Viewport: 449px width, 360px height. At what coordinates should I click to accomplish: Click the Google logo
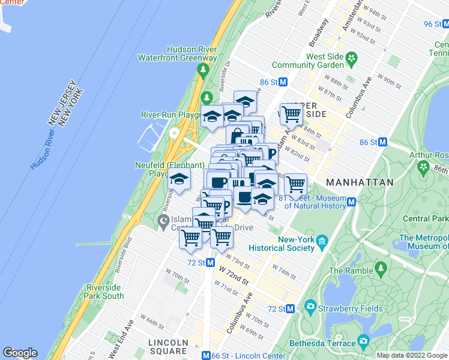(x=20, y=353)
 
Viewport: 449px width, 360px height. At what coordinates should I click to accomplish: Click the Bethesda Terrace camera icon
(x=363, y=341)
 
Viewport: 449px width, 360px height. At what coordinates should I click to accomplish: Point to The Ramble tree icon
(x=379, y=266)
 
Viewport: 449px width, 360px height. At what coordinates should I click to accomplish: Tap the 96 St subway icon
(x=445, y=24)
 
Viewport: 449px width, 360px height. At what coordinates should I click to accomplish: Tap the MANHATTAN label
(x=360, y=182)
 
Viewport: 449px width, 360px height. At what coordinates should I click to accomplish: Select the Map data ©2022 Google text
(x=412, y=355)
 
